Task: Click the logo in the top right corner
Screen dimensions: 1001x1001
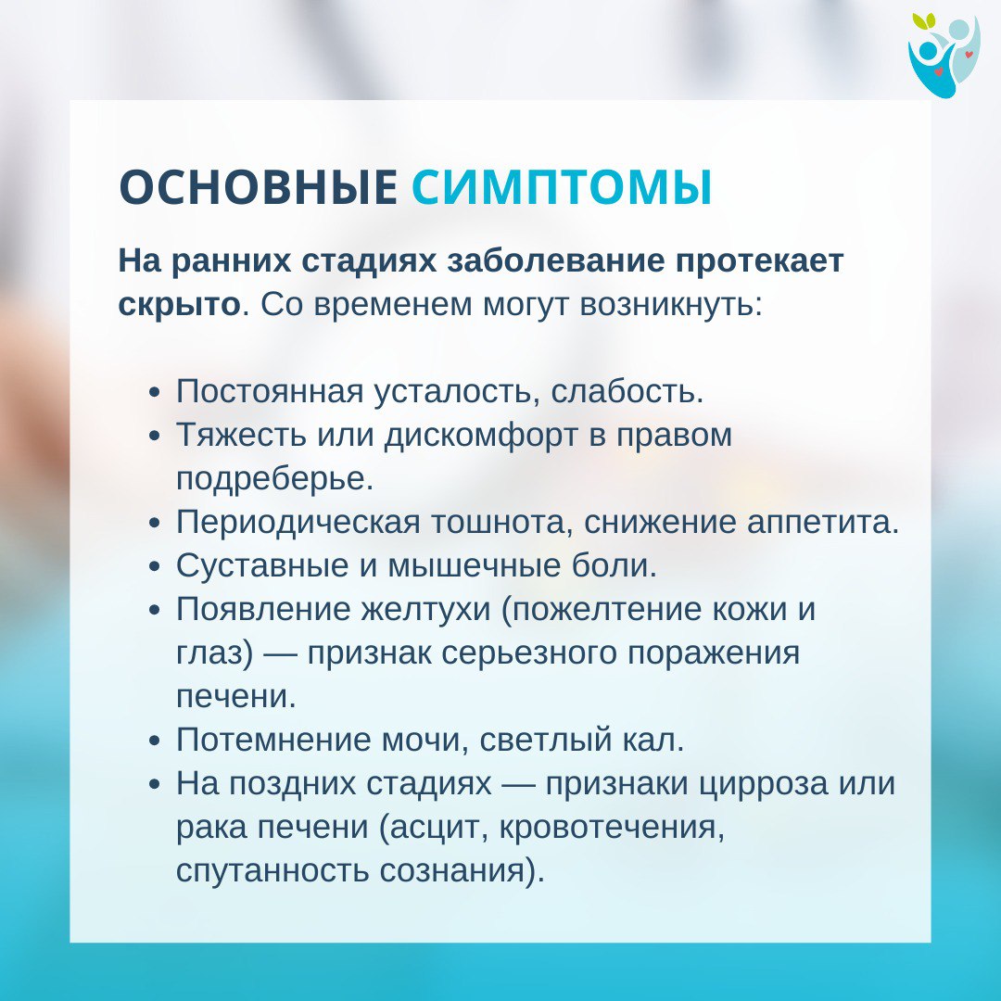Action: [x=944, y=56]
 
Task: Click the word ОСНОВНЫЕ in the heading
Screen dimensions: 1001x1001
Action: [x=258, y=187]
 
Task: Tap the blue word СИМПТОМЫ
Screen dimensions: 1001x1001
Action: [x=562, y=187]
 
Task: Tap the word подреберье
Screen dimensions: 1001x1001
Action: [x=274, y=479]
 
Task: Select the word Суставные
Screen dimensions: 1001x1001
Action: [x=262, y=565]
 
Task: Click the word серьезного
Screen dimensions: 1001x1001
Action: [x=528, y=653]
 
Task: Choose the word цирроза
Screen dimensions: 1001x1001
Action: [x=762, y=783]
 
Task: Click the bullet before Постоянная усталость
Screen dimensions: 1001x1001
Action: [x=154, y=392]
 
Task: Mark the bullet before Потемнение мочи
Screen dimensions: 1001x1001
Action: [x=154, y=741]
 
